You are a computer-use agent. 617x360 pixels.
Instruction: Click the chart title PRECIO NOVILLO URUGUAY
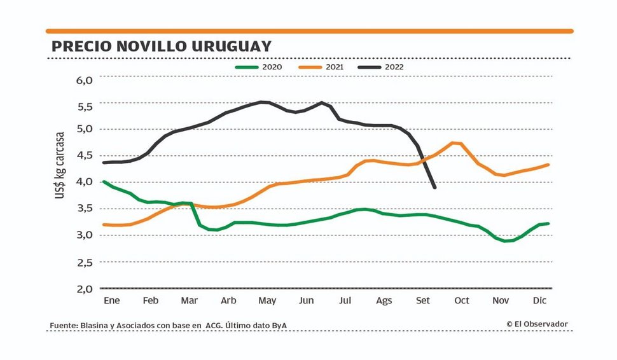tap(161, 46)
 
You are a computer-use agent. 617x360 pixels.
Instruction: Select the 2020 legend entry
tap(258, 67)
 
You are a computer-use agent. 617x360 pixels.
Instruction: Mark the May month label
tap(267, 300)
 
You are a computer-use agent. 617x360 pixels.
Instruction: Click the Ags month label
tap(384, 300)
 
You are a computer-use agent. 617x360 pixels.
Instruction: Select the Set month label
tap(422, 300)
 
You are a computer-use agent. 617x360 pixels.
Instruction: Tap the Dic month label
tap(540, 300)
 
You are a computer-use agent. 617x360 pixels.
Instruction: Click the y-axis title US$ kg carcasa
tap(60, 165)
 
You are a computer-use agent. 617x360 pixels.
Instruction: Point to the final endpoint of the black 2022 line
tap(434, 187)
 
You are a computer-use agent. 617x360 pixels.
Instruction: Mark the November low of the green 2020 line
tap(506, 241)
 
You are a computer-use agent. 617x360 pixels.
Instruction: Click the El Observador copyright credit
tap(537, 324)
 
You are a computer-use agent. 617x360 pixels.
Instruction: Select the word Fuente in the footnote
tap(64, 326)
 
